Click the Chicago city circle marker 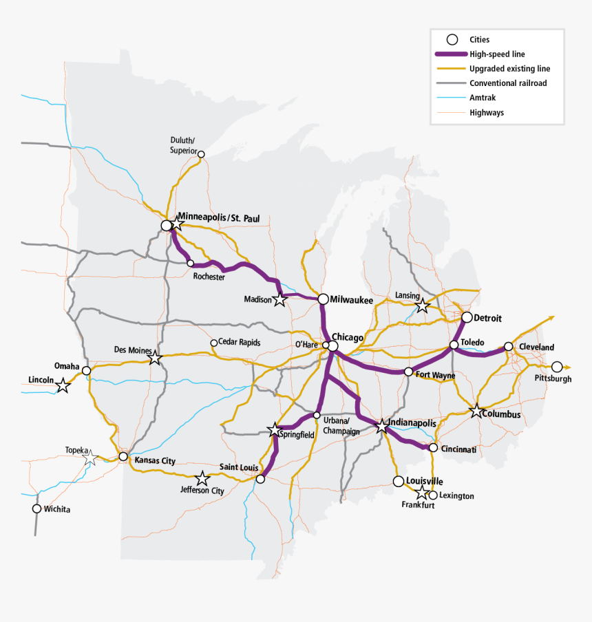tap(332, 346)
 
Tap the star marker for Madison tap(279, 299)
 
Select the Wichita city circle tap(36, 508)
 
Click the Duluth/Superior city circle tap(201, 154)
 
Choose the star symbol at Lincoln tap(63, 385)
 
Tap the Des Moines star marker tap(155, 358)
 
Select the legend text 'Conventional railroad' tap(509, 83)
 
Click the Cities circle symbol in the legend tap(452, 40)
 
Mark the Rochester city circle tap(190, 263)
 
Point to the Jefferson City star tap(202, 478)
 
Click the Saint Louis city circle tap(260, 478)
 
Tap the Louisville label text tap(425, 481)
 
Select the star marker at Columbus tap(476, 411)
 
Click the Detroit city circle tap(467, 317)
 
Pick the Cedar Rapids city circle tap(213, 343)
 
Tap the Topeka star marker tap(90, 458)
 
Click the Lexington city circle tap(432, 495)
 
